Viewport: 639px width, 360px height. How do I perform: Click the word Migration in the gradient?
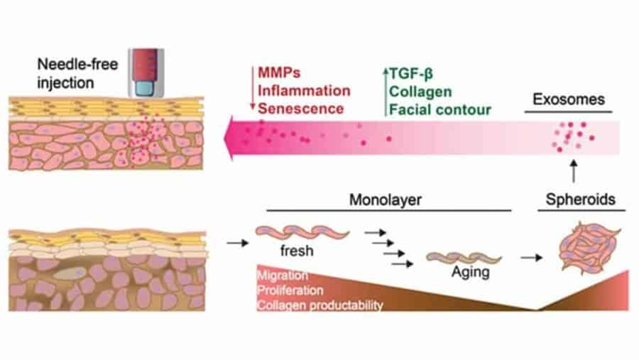[283, 275]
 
